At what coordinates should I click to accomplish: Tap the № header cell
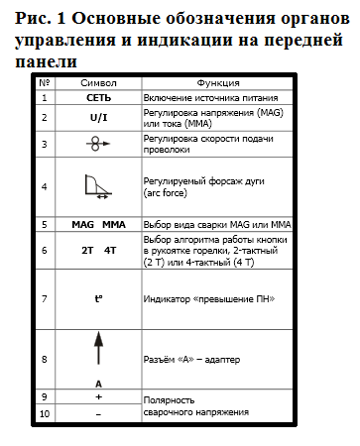44,84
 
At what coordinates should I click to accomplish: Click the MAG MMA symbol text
98,225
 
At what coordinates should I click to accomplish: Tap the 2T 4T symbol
98,251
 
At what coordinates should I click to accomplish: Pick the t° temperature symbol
98,296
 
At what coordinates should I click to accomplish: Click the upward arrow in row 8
98,352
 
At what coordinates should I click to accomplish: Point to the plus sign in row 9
98,396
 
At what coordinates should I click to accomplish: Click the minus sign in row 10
98,411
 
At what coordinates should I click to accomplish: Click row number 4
44,185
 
